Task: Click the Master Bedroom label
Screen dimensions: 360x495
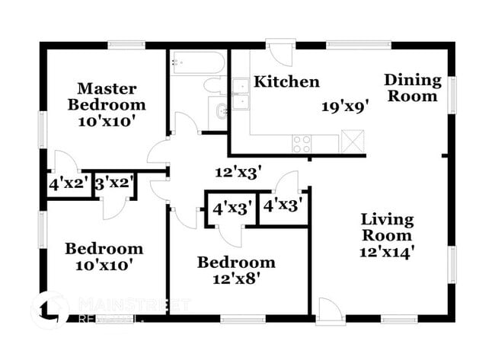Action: [x=106, y=96]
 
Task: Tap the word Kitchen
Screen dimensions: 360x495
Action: [x=286, y=81]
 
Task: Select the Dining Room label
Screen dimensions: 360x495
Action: [x=412, y=88]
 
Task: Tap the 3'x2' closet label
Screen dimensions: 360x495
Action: [x=114, y=184]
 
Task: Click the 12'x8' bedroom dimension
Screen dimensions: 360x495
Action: [x=236, y=279]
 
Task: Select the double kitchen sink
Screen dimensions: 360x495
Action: [x=241, y=94]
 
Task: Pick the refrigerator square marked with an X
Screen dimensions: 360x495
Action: [x=352, y=141]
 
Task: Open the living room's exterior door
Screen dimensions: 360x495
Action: [x=329, y=307]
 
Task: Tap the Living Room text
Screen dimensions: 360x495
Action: [x=387, y=228]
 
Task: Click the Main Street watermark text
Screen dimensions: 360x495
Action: [x=133, y=305]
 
